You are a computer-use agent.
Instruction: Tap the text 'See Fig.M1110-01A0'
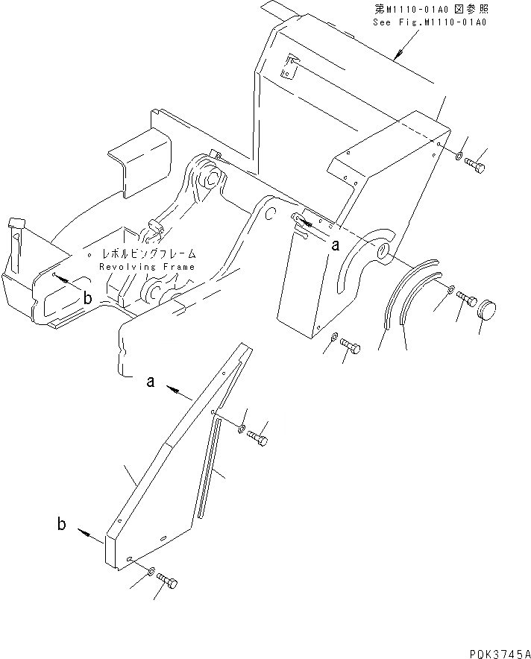(429, 22)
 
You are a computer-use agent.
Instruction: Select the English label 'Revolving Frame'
(147, 267)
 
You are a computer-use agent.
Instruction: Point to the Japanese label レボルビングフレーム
(145, 254)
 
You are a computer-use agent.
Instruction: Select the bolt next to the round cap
(467, 298)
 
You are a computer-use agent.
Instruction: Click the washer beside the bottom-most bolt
(151, 573)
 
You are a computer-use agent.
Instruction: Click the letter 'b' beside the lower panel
(61, 524)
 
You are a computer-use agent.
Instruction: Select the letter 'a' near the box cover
(336, 244)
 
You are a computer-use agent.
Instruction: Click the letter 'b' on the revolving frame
(88, 298)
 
